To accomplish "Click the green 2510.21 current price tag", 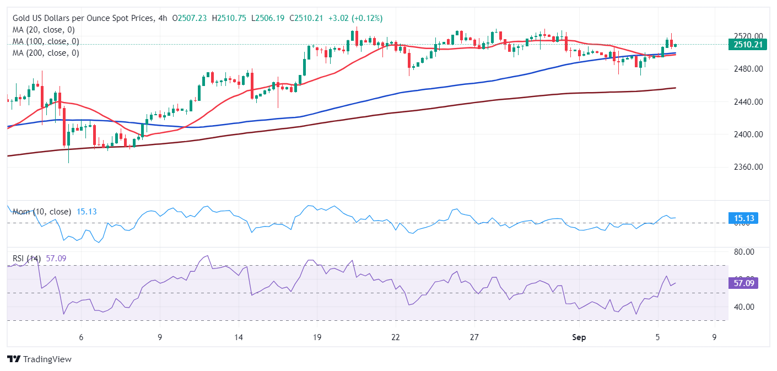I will pos(747,45).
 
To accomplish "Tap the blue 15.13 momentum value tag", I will pos(742,218).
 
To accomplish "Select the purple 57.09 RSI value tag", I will pos(742,283).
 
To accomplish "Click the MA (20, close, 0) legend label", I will pos(44,30).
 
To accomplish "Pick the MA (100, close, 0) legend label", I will pos(46,41).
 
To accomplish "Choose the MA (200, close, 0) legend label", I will pos(46,53).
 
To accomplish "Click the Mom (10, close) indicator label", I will pos(41,212).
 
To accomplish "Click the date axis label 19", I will pos(316,337).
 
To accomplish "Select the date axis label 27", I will pos(474,337).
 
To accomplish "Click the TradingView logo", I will pos(39,359).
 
